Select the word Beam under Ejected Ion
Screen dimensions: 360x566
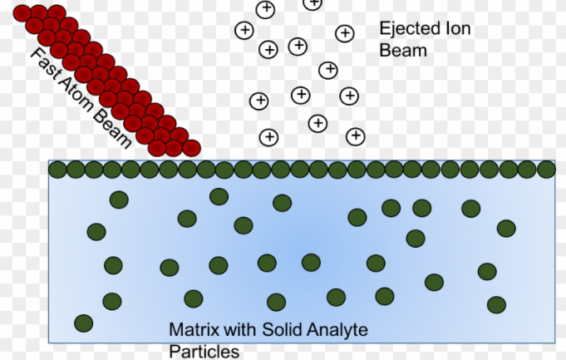pyautogui.click(x=403, y=50)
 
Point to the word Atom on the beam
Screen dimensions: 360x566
pyautogui.click(x=76, y=94)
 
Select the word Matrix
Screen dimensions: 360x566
pyautogui.click(x=193, y=331)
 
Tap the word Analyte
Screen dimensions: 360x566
pyautogui.click(x=337, y=331)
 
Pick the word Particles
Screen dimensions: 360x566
pyautogui.click(x=204, y=351)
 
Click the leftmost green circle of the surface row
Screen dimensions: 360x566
pyautogui.click(x=57, y=170)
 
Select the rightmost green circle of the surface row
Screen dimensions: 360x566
pyautogui.click(x=546, y=170)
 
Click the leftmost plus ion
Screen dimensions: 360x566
pyautogui.click(x=244, y=31)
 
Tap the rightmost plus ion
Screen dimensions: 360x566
pyautogui.click(x=356, y=135)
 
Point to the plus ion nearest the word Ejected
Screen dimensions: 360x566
pyautogui.click(x=344, y=33)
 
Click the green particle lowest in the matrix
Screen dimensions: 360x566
pyautogui.click(x=83, y=323)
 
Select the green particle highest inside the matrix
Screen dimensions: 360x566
pyautogui.click(x=219, y=196)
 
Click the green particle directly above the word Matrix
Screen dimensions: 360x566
pyautogui.click(x=194, y=298)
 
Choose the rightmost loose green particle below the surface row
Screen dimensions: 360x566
pyautogui.click(x=506, y=228)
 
